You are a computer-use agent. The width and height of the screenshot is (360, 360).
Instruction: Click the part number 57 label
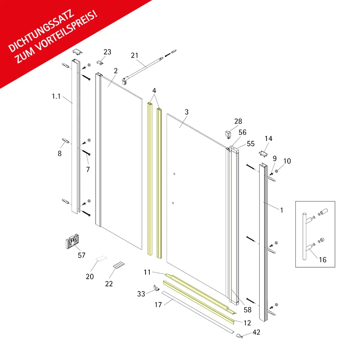82,255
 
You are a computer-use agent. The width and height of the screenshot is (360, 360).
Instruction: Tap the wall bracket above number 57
72,241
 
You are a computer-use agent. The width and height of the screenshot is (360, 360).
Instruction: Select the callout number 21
135,55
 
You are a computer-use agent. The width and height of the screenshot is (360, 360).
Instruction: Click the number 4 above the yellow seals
154,91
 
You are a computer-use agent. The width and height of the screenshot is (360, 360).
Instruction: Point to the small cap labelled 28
228,134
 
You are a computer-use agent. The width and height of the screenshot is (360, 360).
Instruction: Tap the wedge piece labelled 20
101,258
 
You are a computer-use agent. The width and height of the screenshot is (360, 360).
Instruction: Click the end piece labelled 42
240,336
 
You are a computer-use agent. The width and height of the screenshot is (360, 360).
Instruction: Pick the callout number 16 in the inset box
323,260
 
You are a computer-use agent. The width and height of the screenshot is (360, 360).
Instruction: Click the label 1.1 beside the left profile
56,96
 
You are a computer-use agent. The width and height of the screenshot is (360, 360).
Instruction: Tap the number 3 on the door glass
187,112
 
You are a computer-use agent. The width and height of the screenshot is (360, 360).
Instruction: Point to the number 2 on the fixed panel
116,71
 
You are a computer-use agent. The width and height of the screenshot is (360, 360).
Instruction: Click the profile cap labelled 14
263,154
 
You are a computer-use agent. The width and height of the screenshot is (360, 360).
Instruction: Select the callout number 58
247,310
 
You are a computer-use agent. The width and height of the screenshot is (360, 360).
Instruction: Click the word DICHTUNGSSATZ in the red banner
41,31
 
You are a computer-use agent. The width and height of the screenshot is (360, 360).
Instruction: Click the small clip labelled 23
100,63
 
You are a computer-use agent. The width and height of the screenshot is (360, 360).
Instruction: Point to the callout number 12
247,323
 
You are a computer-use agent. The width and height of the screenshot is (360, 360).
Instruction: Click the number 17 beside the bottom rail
158,305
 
